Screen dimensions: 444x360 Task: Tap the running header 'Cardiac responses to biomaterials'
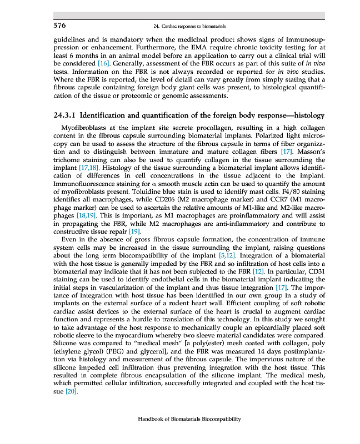pyautogui.click(x=192, y=26)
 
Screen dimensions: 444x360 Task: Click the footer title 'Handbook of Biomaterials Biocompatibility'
pyautogui.click(x=189, y=419)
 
